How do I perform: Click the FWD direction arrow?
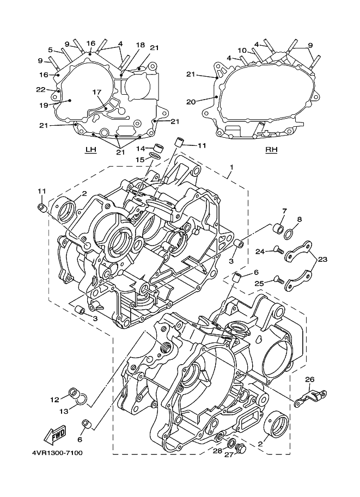pos(56,434)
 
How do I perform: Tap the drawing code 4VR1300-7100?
pos(57,452)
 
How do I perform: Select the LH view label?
pos(91,149)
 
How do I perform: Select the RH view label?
pos(271,149)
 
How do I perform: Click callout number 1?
pos(231,167)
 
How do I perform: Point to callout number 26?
pos(309,379)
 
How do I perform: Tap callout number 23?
pos(322,260)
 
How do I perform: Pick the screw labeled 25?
pos(278,280)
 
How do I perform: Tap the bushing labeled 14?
pos(159,148)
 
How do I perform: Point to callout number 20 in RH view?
pos(191,102)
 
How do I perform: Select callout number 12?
pos(54,400)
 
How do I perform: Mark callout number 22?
pos(41,90)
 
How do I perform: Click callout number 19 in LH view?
pos(44,105)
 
